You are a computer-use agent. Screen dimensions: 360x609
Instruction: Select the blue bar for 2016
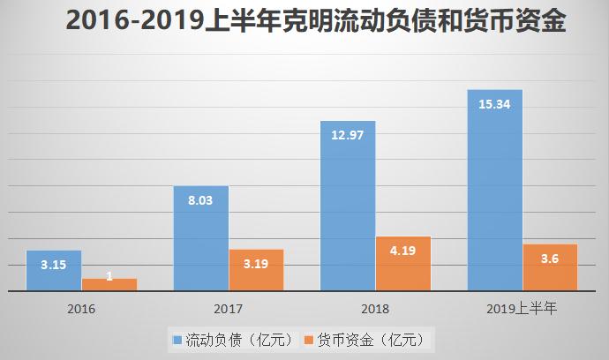click(53, 271)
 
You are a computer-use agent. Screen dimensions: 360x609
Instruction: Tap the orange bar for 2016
click(109, 284)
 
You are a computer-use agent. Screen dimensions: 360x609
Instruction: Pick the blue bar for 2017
click(200, 238)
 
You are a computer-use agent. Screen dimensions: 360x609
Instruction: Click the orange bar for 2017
click(256, 270)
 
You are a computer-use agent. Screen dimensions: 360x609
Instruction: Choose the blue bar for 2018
click(348, 206)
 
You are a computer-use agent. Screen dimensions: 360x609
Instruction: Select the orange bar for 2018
click(403, 263)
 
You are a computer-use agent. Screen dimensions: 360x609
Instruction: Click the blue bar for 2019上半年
click(494, 190)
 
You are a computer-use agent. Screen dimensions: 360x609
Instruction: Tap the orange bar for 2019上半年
click(550, 267)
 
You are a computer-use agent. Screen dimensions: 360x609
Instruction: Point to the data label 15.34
click(494, 104)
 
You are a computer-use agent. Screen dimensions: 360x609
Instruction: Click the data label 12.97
click(348, 135)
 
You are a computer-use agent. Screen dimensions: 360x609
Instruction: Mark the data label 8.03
click(200, 199)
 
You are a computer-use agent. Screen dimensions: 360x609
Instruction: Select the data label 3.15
click(53, 264)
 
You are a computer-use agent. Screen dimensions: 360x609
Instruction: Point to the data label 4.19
click(403, 250)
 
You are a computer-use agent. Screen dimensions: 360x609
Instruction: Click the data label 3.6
click(550, 258)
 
